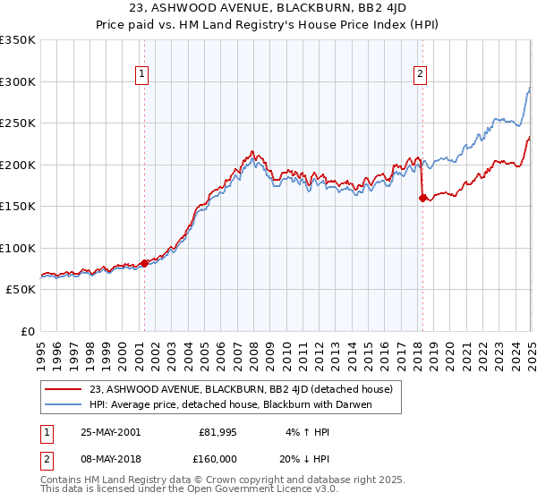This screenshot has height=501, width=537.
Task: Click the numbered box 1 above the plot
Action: (x=142, y=75)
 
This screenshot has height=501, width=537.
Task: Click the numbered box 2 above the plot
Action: (x=421, y=75)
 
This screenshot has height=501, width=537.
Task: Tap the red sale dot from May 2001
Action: (x=144, y=263)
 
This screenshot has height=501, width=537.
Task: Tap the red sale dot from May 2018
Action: (x=422, y=199)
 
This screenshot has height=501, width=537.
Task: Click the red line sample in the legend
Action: (x=64, y=389)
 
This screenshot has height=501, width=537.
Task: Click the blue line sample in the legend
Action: (x=64, y=404)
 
